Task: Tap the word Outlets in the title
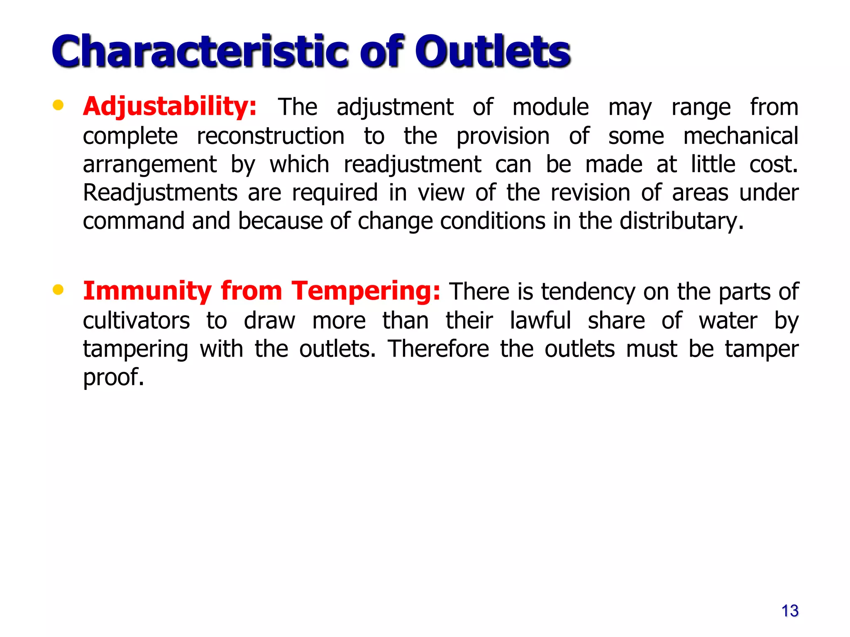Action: (493, 51)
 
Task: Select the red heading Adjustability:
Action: (170, 107)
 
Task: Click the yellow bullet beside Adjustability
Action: (58, 105)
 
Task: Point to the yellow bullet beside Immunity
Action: (58, 289)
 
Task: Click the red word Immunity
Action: (147, 291)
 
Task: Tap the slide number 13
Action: (789, 611)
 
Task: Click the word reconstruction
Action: (271, 136)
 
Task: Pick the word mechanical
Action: (740, 136)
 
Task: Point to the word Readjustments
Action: (160, 193)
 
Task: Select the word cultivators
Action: (137, 321)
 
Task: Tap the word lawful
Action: (540, 321)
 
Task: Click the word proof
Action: (113, 377)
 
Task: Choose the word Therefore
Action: (438, 349)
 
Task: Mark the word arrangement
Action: (149, 165)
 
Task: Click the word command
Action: (133, 221)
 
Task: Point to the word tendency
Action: (588, 292)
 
